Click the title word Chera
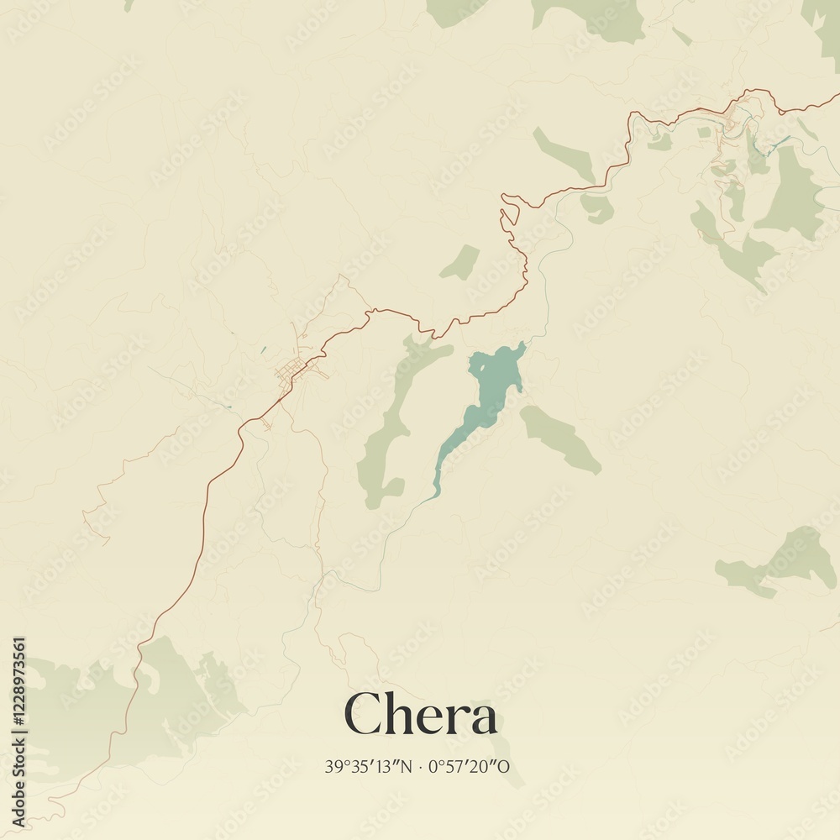pyautogui.click(x=420, y=717)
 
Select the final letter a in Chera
pyautogui.click(x=482, y=720)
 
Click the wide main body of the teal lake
pyautogui.click(x=496, y=374)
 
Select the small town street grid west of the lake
pyautogui.click(x=294, y=370)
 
